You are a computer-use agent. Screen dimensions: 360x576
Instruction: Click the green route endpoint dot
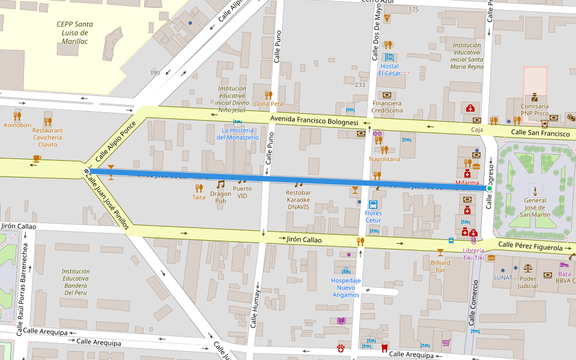[x=489, y=188]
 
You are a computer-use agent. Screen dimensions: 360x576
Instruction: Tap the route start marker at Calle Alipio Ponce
[x=87, y=172]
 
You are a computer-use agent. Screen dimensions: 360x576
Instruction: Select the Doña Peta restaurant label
[x=268, y=104]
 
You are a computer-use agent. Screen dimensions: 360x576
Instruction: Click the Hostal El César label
[x=389, y=70]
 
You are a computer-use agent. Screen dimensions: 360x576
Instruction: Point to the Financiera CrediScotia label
[x=386, y=107]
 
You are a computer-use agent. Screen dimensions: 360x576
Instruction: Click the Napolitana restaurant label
[x=384, y=159]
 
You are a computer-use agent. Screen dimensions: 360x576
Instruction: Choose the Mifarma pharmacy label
[x=467, y=182]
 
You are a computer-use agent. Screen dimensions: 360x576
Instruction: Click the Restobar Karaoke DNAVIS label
[x=298, y=200]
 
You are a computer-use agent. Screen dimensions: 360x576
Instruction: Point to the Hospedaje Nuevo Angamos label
[x=346, y=287]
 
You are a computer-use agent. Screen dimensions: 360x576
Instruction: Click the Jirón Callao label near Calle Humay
[x=304, y=239]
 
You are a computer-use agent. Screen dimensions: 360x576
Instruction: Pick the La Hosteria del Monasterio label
[x=240, y=133]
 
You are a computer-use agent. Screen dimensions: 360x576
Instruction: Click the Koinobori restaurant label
[x=17, y=125]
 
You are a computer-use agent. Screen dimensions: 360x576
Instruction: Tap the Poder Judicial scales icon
[x=528, y=268]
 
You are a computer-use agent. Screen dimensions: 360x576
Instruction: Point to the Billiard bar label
[x=440, y=266]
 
